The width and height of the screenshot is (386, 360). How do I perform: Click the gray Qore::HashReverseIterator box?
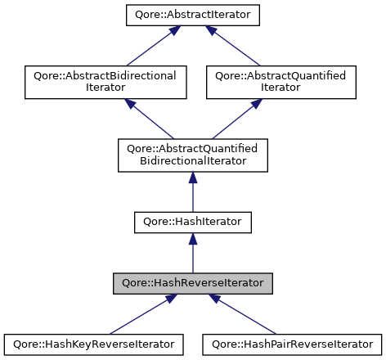(x=193, y=283)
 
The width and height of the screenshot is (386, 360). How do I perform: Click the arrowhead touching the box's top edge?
(x=193, y=239)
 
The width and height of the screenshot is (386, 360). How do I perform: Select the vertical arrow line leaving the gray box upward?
(x=193, y=259)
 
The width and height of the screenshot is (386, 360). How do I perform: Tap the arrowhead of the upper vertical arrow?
(x=193, y=178)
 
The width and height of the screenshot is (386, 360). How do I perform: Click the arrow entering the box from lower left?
(x=139, y=317)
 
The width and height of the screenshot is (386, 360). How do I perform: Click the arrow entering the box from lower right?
(x=246, y=317)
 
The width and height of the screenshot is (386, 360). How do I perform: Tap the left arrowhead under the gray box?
(x=170, y=299)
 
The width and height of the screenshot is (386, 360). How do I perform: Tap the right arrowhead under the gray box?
(x=215, y=299)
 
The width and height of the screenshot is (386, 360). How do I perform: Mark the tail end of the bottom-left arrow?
(x=110, y=333)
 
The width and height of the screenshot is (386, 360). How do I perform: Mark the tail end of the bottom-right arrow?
(x=276, y=333)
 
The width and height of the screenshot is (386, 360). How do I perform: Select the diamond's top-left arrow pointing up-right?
(x=151, y=47)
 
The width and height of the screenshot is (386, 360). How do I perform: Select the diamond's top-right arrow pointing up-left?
(x=235, y=47)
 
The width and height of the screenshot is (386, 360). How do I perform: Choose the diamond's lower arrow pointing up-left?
(x=151, y=120)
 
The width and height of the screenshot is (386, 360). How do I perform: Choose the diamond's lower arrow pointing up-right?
(x=236, y=120)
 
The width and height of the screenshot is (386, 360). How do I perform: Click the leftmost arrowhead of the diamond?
(x=130, y=103)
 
